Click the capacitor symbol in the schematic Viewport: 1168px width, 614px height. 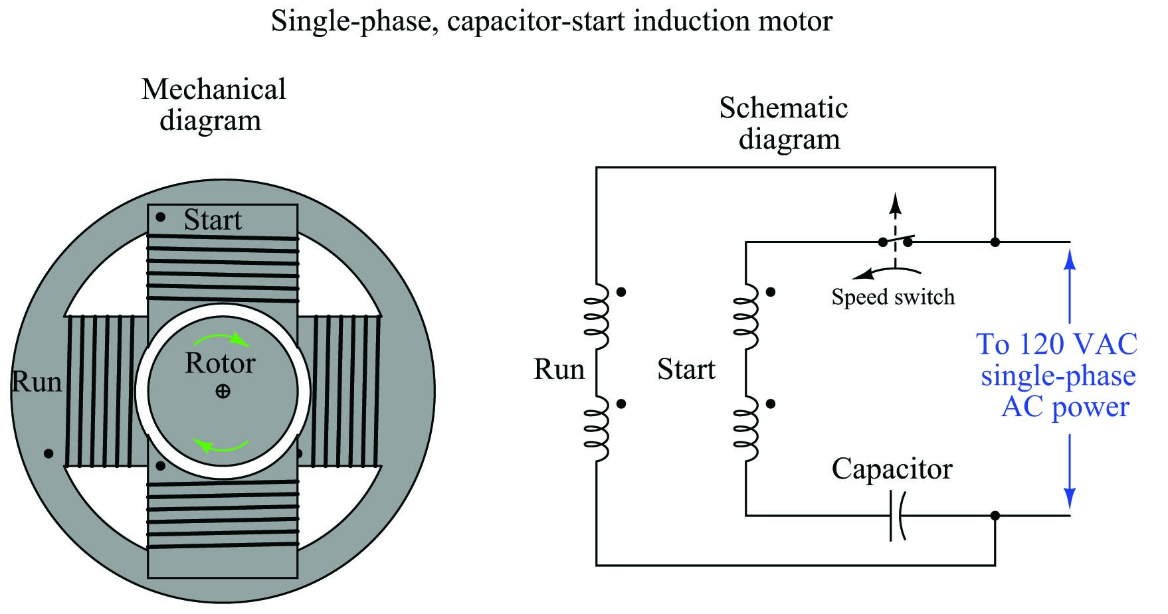coord(896,516)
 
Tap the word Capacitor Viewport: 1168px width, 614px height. coord(892,469)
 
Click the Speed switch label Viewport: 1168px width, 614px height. coord(893,297)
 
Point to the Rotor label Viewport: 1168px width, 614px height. coord(220,363)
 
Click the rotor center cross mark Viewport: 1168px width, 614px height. coord(223,392)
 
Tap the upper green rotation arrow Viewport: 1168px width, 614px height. coord(222,339)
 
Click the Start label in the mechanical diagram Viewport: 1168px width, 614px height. coord(213,220)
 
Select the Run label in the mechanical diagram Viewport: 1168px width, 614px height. coord(37,382)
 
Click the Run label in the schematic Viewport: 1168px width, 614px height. coord(559,370)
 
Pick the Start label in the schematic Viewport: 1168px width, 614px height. coord(686,370)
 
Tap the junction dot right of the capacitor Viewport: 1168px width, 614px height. coord(995,516)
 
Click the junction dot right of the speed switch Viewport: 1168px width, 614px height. coord(995,242)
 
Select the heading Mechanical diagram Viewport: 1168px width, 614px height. coord(213,105)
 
